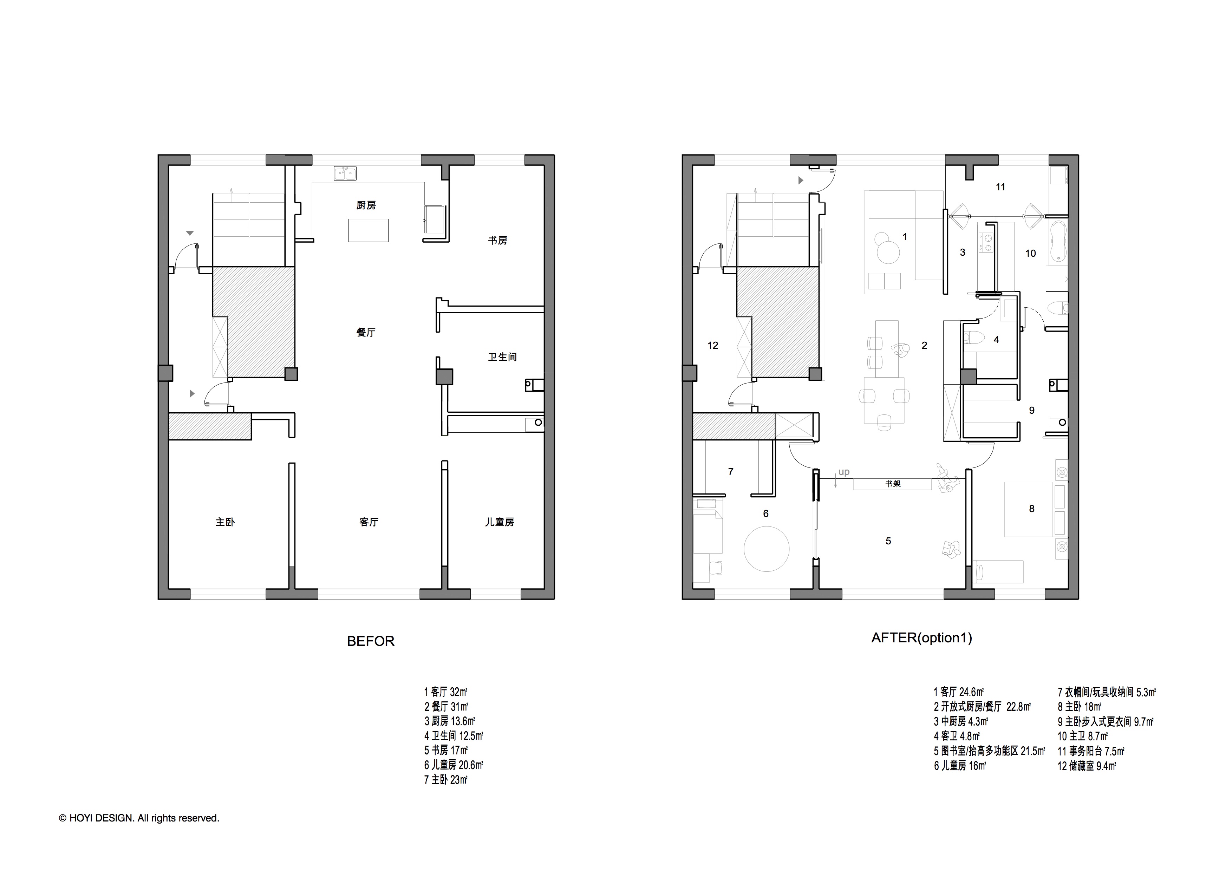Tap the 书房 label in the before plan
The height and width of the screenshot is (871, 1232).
(497, 240)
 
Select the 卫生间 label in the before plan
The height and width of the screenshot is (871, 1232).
(502, 357)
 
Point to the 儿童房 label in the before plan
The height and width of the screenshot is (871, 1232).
(500, 522)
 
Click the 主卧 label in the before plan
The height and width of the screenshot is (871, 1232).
(225, 522)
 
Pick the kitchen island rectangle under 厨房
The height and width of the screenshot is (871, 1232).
(368, 230)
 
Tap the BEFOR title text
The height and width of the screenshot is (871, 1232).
(371, 641)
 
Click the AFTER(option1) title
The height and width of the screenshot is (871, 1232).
(922, 638)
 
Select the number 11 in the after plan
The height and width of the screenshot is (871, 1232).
(1000, 187)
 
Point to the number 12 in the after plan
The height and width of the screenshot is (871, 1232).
(712, 345)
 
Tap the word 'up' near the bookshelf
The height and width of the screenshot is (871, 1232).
(844, 472)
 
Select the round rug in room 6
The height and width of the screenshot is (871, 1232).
(766, 549)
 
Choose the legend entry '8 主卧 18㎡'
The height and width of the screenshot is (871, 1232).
(1079, 707)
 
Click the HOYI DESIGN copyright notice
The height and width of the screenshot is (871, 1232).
(139, 818)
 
